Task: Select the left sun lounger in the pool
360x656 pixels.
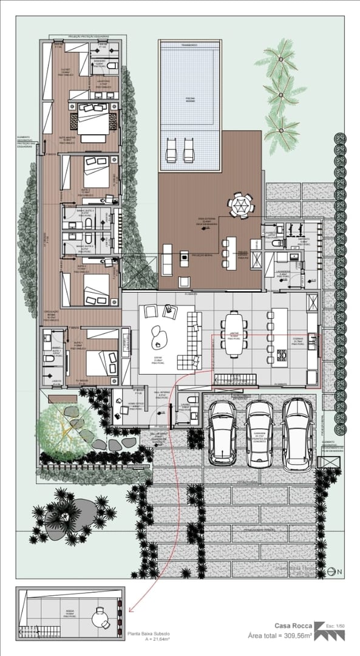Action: [171, 149]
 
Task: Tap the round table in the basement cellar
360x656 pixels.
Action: [98, 618]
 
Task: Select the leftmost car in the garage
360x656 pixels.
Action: [223, 431]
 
